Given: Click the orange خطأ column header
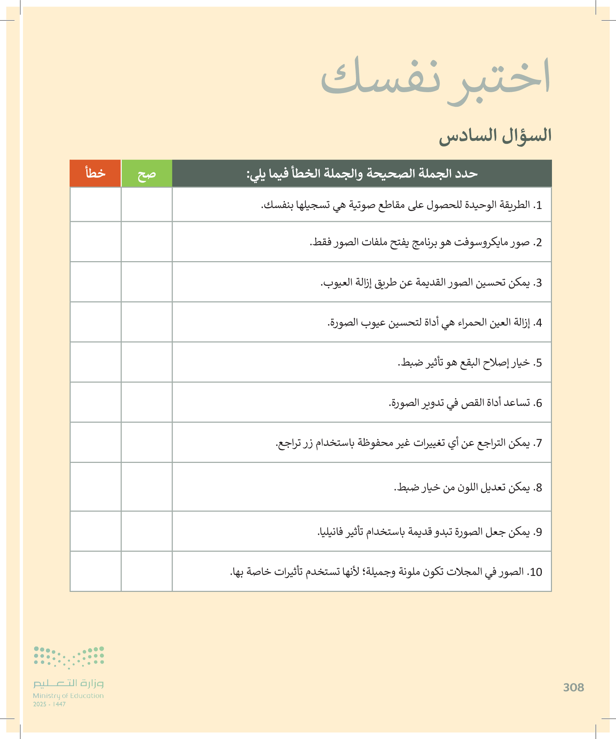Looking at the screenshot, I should (x=95, y=173).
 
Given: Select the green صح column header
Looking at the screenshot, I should (x=147, y=173).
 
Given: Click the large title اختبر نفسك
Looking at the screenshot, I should (x=435, y=79).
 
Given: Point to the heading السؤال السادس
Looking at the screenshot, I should (x=495, y=136).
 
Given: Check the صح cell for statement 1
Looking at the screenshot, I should (x=147, y=204).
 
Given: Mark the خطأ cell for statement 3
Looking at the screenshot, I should (x=95, y=282).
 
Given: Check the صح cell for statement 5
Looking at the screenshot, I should (x=147, y=362).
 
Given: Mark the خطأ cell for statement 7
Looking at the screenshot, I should (x=95, y=442).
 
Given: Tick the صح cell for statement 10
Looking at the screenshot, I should (x=147, y=572).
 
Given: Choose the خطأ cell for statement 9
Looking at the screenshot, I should (x=95, y=531).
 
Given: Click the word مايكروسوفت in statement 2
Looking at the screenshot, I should (x=481, y=242).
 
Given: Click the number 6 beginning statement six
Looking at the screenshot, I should (x=539, y=403).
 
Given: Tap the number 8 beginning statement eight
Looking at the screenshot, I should (x=539, y=488).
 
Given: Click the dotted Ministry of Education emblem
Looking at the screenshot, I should (x=69, y=657).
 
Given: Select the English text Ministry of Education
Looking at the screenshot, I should (x=68, y=696).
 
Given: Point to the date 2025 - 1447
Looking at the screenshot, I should (x=49, y=704).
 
